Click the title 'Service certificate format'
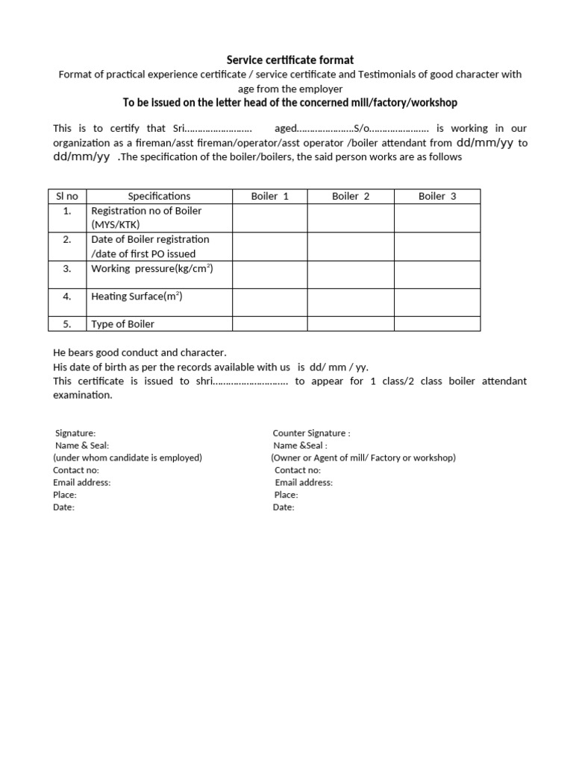[290, 60]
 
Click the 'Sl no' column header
[67, 197]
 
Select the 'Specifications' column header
[159, 197]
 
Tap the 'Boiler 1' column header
[269, 197]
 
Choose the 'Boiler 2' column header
[351, 197]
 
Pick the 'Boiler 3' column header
[437, 197]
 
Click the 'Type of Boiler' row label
[123, 324]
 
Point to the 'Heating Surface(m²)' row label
[137, 297]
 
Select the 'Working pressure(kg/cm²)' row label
[151, 268]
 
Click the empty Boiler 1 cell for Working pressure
[269, 274]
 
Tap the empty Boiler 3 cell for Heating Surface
[437, 302]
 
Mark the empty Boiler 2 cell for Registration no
[351, 218]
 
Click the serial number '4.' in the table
[67, 297]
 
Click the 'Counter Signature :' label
[311, 433]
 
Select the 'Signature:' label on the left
[75, 433]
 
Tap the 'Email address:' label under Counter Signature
[304, 482]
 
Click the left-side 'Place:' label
[64, 495]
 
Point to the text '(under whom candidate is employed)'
[128, 458]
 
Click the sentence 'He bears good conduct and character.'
[140, 352]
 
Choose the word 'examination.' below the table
[83, 395]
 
